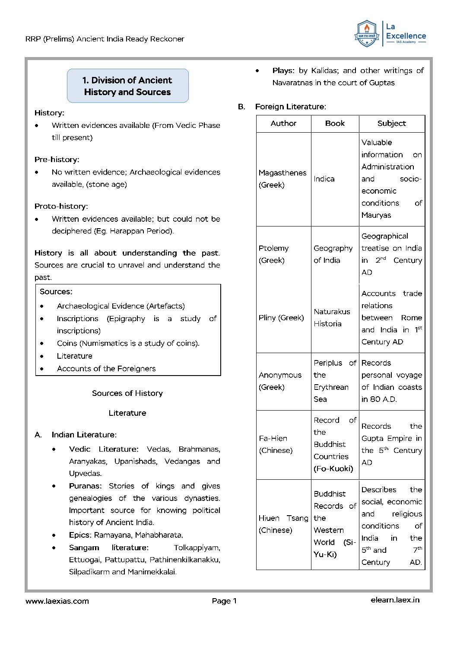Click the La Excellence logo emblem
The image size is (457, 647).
click(367, 33)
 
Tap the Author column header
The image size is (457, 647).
click(283, 124)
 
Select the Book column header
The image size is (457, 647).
click(335, 124)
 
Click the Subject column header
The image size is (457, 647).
click(391, 124)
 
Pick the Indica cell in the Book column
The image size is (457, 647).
click(324, 179)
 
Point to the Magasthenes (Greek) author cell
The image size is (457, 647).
click(282, 179)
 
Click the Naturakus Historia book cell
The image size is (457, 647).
click(332, 318)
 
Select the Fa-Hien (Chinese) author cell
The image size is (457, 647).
click(276, 444)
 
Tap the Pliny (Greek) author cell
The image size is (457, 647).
click(281, 318)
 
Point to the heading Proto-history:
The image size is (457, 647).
click(61, 206)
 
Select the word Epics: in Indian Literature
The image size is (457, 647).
click(80, 535)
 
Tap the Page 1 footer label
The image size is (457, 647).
click(224, 601)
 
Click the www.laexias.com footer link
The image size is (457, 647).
click(57, 601)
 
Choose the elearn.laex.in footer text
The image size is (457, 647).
click(395, 600)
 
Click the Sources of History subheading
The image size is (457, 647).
click(127, 393)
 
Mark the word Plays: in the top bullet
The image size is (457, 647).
click(283, 70)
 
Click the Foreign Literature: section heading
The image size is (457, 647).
click(290, 107)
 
